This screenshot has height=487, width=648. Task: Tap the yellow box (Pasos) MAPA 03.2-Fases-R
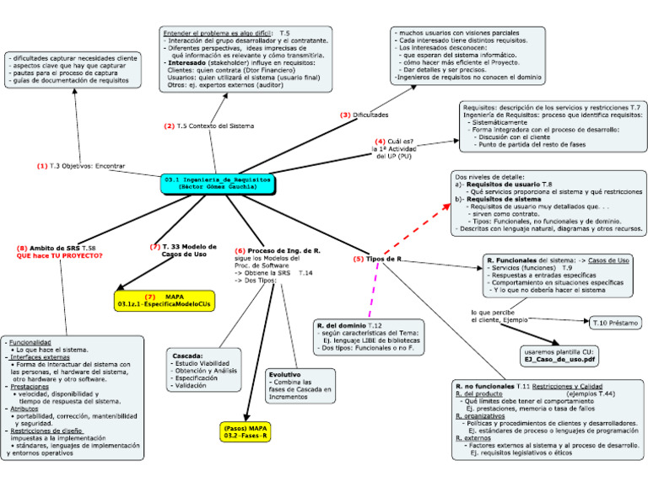tap(246, 432)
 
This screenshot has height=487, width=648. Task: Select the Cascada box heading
tap(187, 355)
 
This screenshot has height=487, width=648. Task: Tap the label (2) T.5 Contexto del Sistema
tap(208, 126)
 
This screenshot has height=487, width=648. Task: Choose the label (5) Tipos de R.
tap(378, 258)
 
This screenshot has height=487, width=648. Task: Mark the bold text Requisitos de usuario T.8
tap(509, 184)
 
